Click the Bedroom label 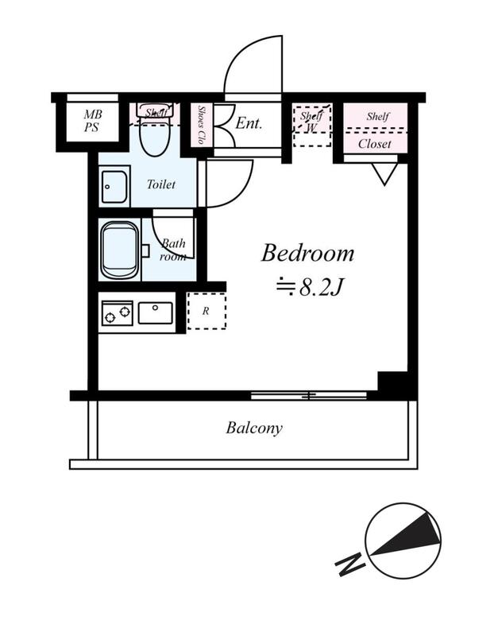(x=307, y=253)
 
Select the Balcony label (x=254, y=429)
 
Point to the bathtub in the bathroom (x=119, y=250)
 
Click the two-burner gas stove (x=118, y=313)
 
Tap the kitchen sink (x=155, y=313)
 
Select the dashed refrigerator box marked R (x=206, y=311)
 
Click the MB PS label (x=92, y=121)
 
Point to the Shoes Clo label (x=201, y=125)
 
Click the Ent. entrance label (x=249, y=123)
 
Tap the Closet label (x=375, y=144)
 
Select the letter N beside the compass (x=350, y=563)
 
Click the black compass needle (x=405, y=534)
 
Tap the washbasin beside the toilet (x=114, y=187)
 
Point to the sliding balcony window (x=309, y=395)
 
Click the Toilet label (x=161, y=184)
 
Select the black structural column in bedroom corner (x=392, y=382)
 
